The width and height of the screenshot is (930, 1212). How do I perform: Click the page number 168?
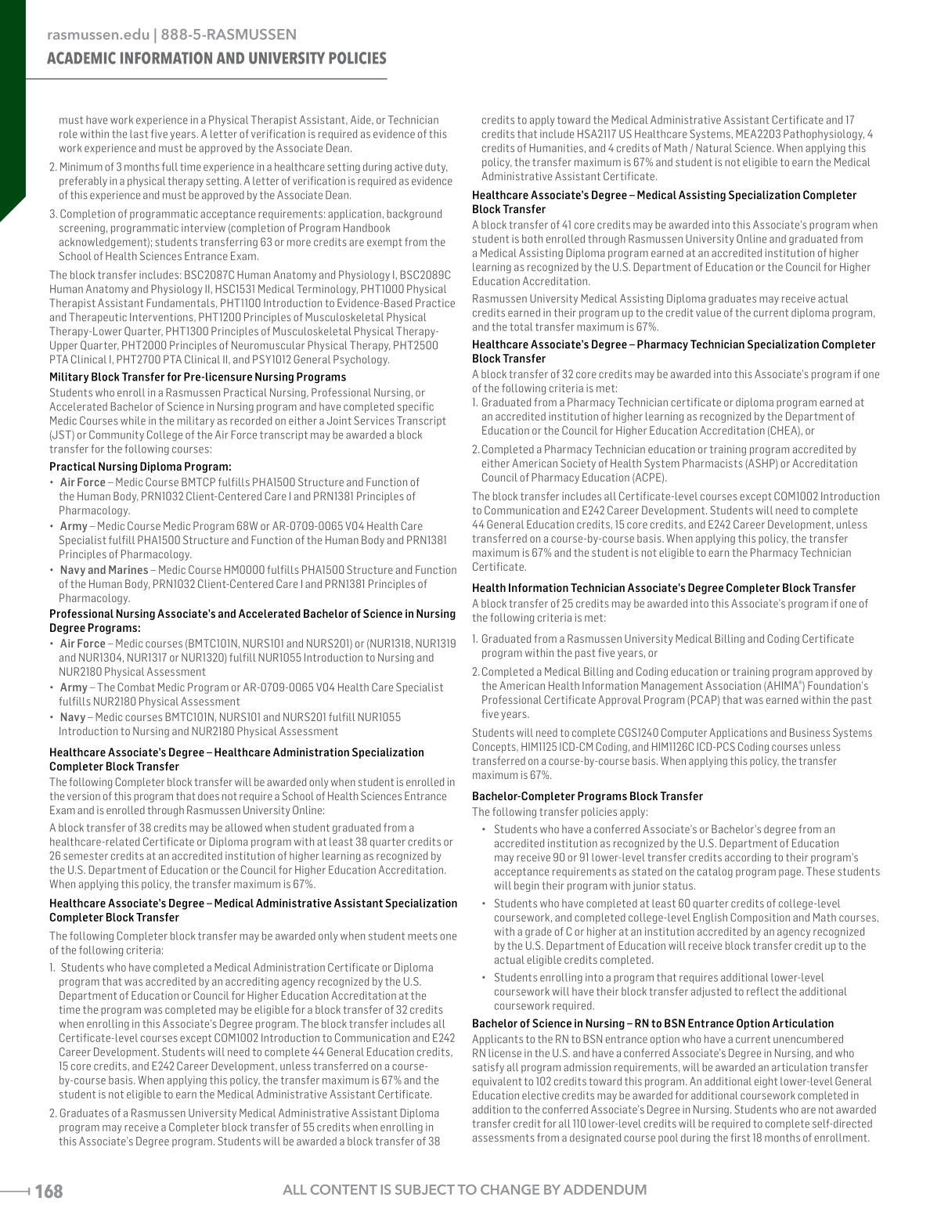coord(49,1191)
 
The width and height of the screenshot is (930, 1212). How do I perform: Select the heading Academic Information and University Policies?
coord(217,59)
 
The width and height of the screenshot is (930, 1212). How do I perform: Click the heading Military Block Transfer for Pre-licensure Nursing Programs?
coord(197,377)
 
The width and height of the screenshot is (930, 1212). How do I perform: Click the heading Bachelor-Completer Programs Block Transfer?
coord(587,796)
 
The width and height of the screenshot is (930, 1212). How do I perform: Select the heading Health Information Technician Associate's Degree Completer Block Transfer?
coord(664,588)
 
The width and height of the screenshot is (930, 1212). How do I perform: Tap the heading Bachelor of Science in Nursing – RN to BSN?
coord(653,1023)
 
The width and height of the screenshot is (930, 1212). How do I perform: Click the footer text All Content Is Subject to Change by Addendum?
coord(465,1190)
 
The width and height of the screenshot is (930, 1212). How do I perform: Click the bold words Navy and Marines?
coord(104,570)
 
